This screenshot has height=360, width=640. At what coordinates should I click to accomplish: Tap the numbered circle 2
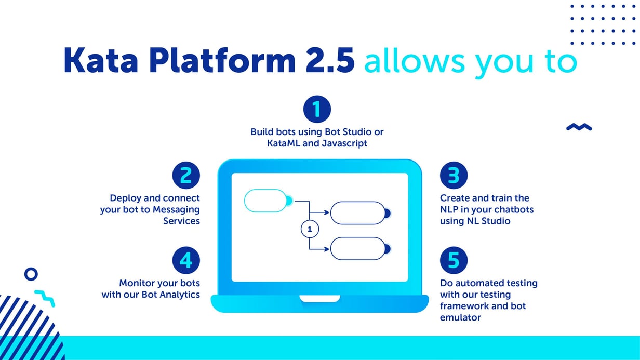[186, 176]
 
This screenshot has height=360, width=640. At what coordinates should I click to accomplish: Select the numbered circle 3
[454, 176]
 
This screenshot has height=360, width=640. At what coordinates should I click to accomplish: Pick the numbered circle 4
[186, 261]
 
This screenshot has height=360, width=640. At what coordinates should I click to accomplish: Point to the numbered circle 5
[454, 261]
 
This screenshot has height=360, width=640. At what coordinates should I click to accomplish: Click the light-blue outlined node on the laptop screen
[265, 201]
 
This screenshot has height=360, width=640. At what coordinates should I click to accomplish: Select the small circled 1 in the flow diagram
[310, 229]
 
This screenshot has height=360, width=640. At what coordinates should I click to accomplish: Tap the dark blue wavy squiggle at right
[579, 127]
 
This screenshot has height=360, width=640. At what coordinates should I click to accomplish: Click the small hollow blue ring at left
[31, 274]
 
